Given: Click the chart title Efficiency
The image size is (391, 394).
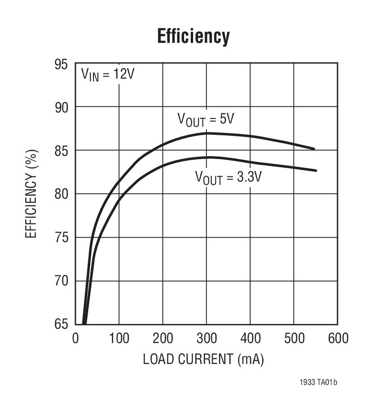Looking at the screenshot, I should click(193, 36).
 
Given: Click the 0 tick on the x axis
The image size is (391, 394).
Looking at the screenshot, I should click(75, 338).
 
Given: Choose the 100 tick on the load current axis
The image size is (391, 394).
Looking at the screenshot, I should click(119, 338).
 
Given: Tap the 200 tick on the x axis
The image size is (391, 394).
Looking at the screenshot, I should click(163, 338).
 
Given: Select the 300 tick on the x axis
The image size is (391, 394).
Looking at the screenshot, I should click(206, 338).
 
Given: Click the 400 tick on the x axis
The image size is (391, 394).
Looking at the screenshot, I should click(250, 338).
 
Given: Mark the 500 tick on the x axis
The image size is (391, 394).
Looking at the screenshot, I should click(293, 338).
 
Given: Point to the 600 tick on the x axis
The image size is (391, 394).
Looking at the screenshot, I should click(337, 338).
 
